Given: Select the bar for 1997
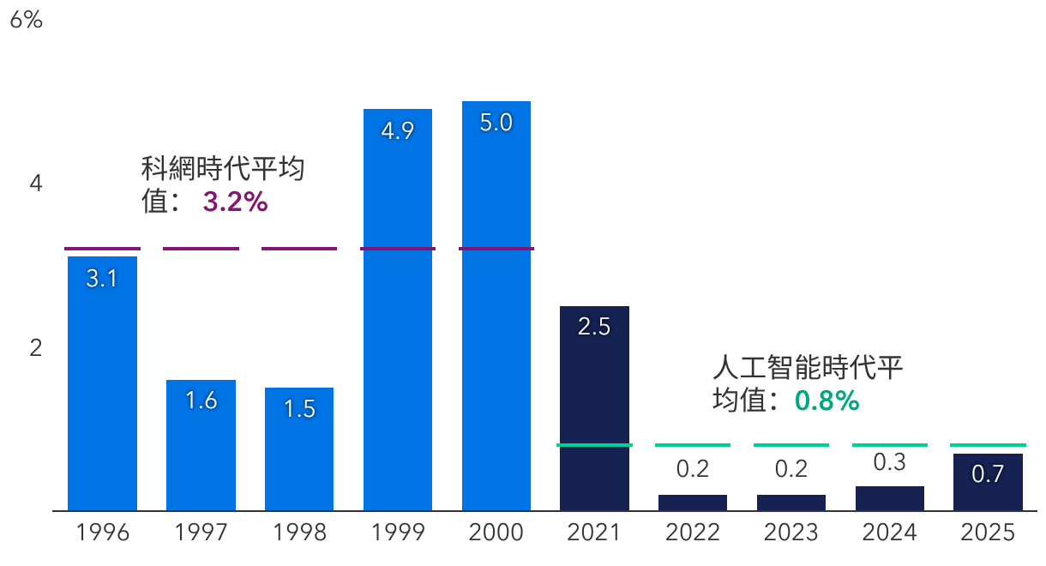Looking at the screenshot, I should [201, 445].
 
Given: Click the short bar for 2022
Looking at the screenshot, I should [693, 503].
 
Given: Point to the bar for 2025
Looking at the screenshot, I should [988, 482].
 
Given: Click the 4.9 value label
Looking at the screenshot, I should [398, 131].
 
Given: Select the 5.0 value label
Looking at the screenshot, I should [496, 123].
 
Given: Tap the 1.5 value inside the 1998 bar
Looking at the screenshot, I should [299, 409].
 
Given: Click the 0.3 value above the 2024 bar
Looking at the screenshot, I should [889, 462].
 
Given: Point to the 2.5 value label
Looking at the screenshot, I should [594, 327].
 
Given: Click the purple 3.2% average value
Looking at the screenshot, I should [236, 202].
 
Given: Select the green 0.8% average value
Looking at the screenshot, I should [827, 400].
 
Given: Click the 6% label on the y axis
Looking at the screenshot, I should [26, 21].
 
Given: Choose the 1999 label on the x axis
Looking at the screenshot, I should [398, 533].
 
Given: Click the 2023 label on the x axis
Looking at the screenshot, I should [791, 533].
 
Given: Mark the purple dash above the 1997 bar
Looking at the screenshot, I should [201, 249].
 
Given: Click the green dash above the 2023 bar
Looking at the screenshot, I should [791, 445].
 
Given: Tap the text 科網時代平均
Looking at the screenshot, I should [223, 169].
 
